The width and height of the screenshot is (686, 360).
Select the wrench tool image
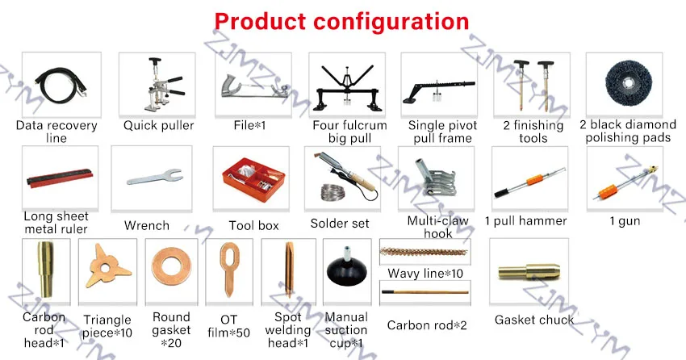click(x=148, y=176)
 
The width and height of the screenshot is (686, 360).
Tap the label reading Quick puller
click(x=158, y=126)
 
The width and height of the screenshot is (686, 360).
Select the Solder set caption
click(x=339, y=224)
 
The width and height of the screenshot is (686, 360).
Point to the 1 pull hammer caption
click(x=525, y=221)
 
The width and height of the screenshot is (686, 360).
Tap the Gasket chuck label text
click(x=534, y=320)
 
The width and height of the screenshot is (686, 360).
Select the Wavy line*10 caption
click(x=425, y=274)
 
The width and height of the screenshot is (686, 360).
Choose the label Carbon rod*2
click(x=426, y=325)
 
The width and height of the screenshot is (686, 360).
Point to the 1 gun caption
click(x=625, y=221)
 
